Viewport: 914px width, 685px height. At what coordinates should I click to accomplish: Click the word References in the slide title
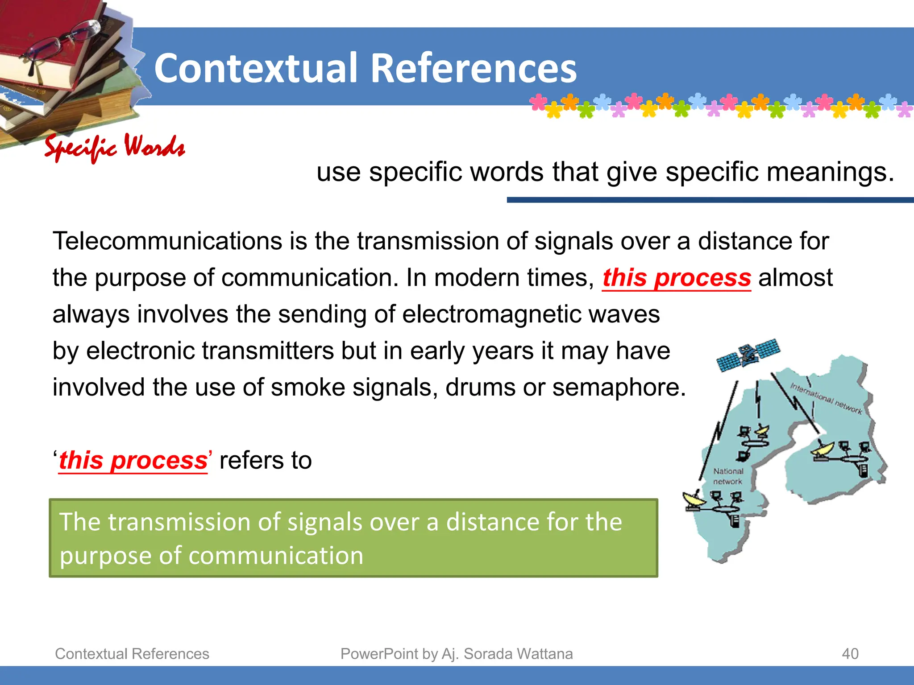(x=474, y=68)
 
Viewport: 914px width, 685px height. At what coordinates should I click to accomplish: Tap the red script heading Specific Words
(x=115, y=147)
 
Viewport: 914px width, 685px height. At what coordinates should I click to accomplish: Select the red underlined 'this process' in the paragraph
(x=676, y=278)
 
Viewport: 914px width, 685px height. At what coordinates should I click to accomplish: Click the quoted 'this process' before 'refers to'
(x=133, y=460)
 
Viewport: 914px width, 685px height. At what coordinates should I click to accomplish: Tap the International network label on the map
(x=826, y=398)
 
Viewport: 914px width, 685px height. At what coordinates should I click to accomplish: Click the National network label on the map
(x=728, y=476)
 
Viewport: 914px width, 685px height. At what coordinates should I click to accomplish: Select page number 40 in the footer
(x=850, y=654)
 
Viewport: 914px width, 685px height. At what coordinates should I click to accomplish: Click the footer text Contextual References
(x=132, y=654)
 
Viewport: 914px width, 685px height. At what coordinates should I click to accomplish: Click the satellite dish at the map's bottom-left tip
(x=694, y=499)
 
